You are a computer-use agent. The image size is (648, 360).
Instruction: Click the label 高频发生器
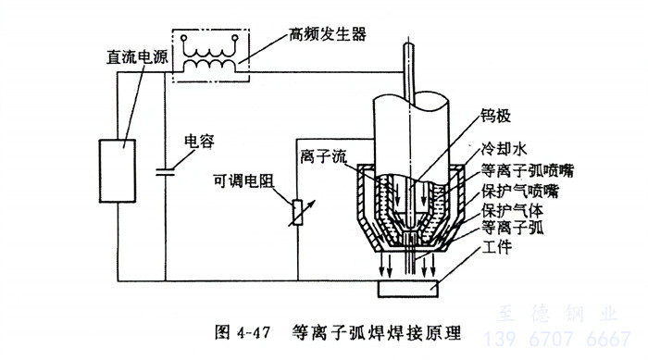point(328,34)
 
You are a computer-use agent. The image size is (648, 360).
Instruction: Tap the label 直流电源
point(137,57)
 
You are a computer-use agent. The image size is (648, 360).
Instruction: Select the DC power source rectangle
point(118,171)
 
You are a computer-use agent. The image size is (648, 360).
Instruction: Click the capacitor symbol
point(166,172)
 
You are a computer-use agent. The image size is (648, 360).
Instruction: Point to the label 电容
point(199,142)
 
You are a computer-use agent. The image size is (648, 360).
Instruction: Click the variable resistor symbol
point(298,213)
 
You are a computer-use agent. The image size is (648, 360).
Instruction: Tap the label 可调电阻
point(243,180)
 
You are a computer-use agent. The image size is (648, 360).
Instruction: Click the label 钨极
point(495,116)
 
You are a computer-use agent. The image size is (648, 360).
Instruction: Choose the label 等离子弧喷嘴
point(528,170)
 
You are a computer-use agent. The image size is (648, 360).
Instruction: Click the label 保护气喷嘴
point(520,191)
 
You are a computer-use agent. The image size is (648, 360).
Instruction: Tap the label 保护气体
point(512,210)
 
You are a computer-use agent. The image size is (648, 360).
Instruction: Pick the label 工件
point(497,247)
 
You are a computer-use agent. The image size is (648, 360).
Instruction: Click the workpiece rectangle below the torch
point(408,289)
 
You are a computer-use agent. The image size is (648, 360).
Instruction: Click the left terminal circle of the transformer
point(184,38)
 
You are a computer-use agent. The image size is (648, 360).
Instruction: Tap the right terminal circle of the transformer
point(235,38)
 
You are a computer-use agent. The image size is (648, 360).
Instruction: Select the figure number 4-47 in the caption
point(254,333)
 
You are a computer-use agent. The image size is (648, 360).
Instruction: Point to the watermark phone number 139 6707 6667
point(557,339)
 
